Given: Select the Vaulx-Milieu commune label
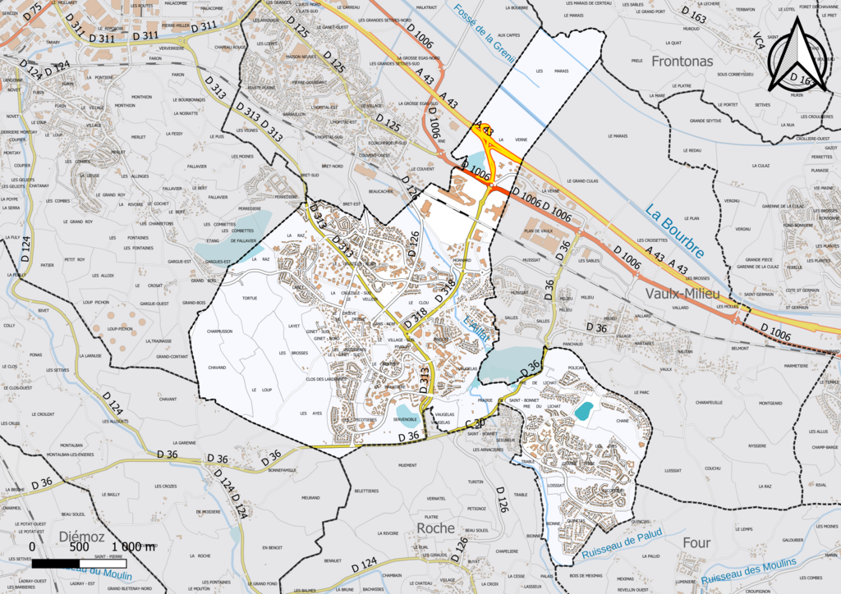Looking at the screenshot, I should [667, 293].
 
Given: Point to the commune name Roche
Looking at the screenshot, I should [435, 528].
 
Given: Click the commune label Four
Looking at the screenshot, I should [696, 542].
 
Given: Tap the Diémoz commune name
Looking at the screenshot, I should [81, 537].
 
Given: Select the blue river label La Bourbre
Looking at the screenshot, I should [674, 231].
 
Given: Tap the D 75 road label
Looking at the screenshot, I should [33, 11].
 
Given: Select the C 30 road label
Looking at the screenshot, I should [475, 423].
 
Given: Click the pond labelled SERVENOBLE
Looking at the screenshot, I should [407, 412].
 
